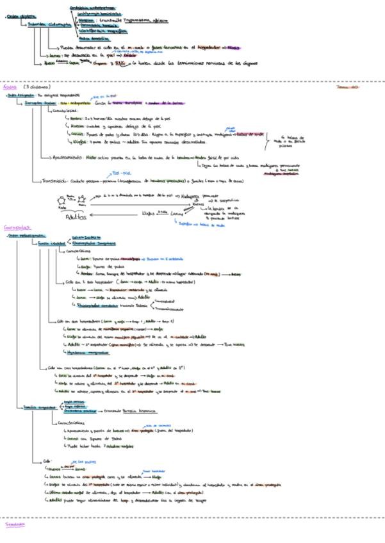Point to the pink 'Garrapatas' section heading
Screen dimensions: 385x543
click(x=15, y=227)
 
